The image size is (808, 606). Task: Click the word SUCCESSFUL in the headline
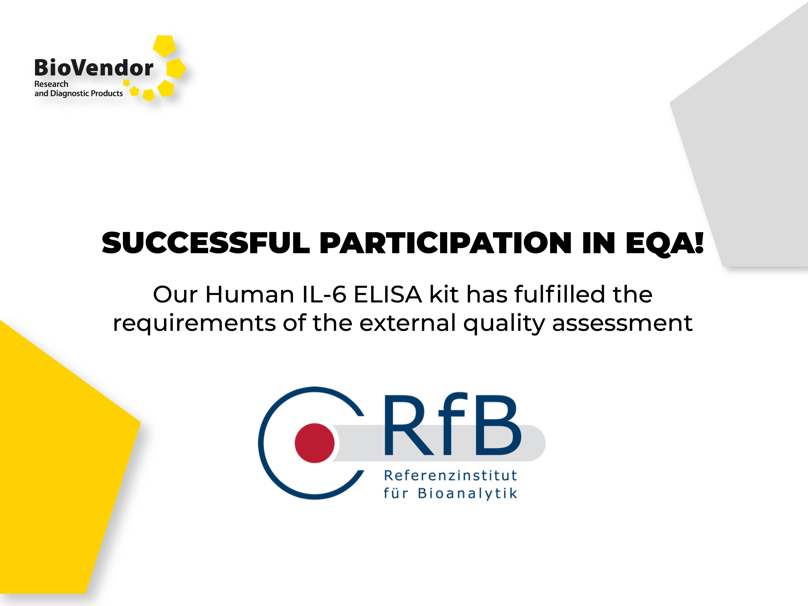pyautogui.click(x=206, y=243)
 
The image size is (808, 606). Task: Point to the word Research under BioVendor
pyautogui.click(x=51, y=84)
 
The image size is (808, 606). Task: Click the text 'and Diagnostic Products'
pyautogui.click(x=79, y=94)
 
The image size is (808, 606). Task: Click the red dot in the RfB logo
pyautogui.click(x=315, y=443)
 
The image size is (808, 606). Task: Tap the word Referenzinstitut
pyautogui.click(x=450, y=476)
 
